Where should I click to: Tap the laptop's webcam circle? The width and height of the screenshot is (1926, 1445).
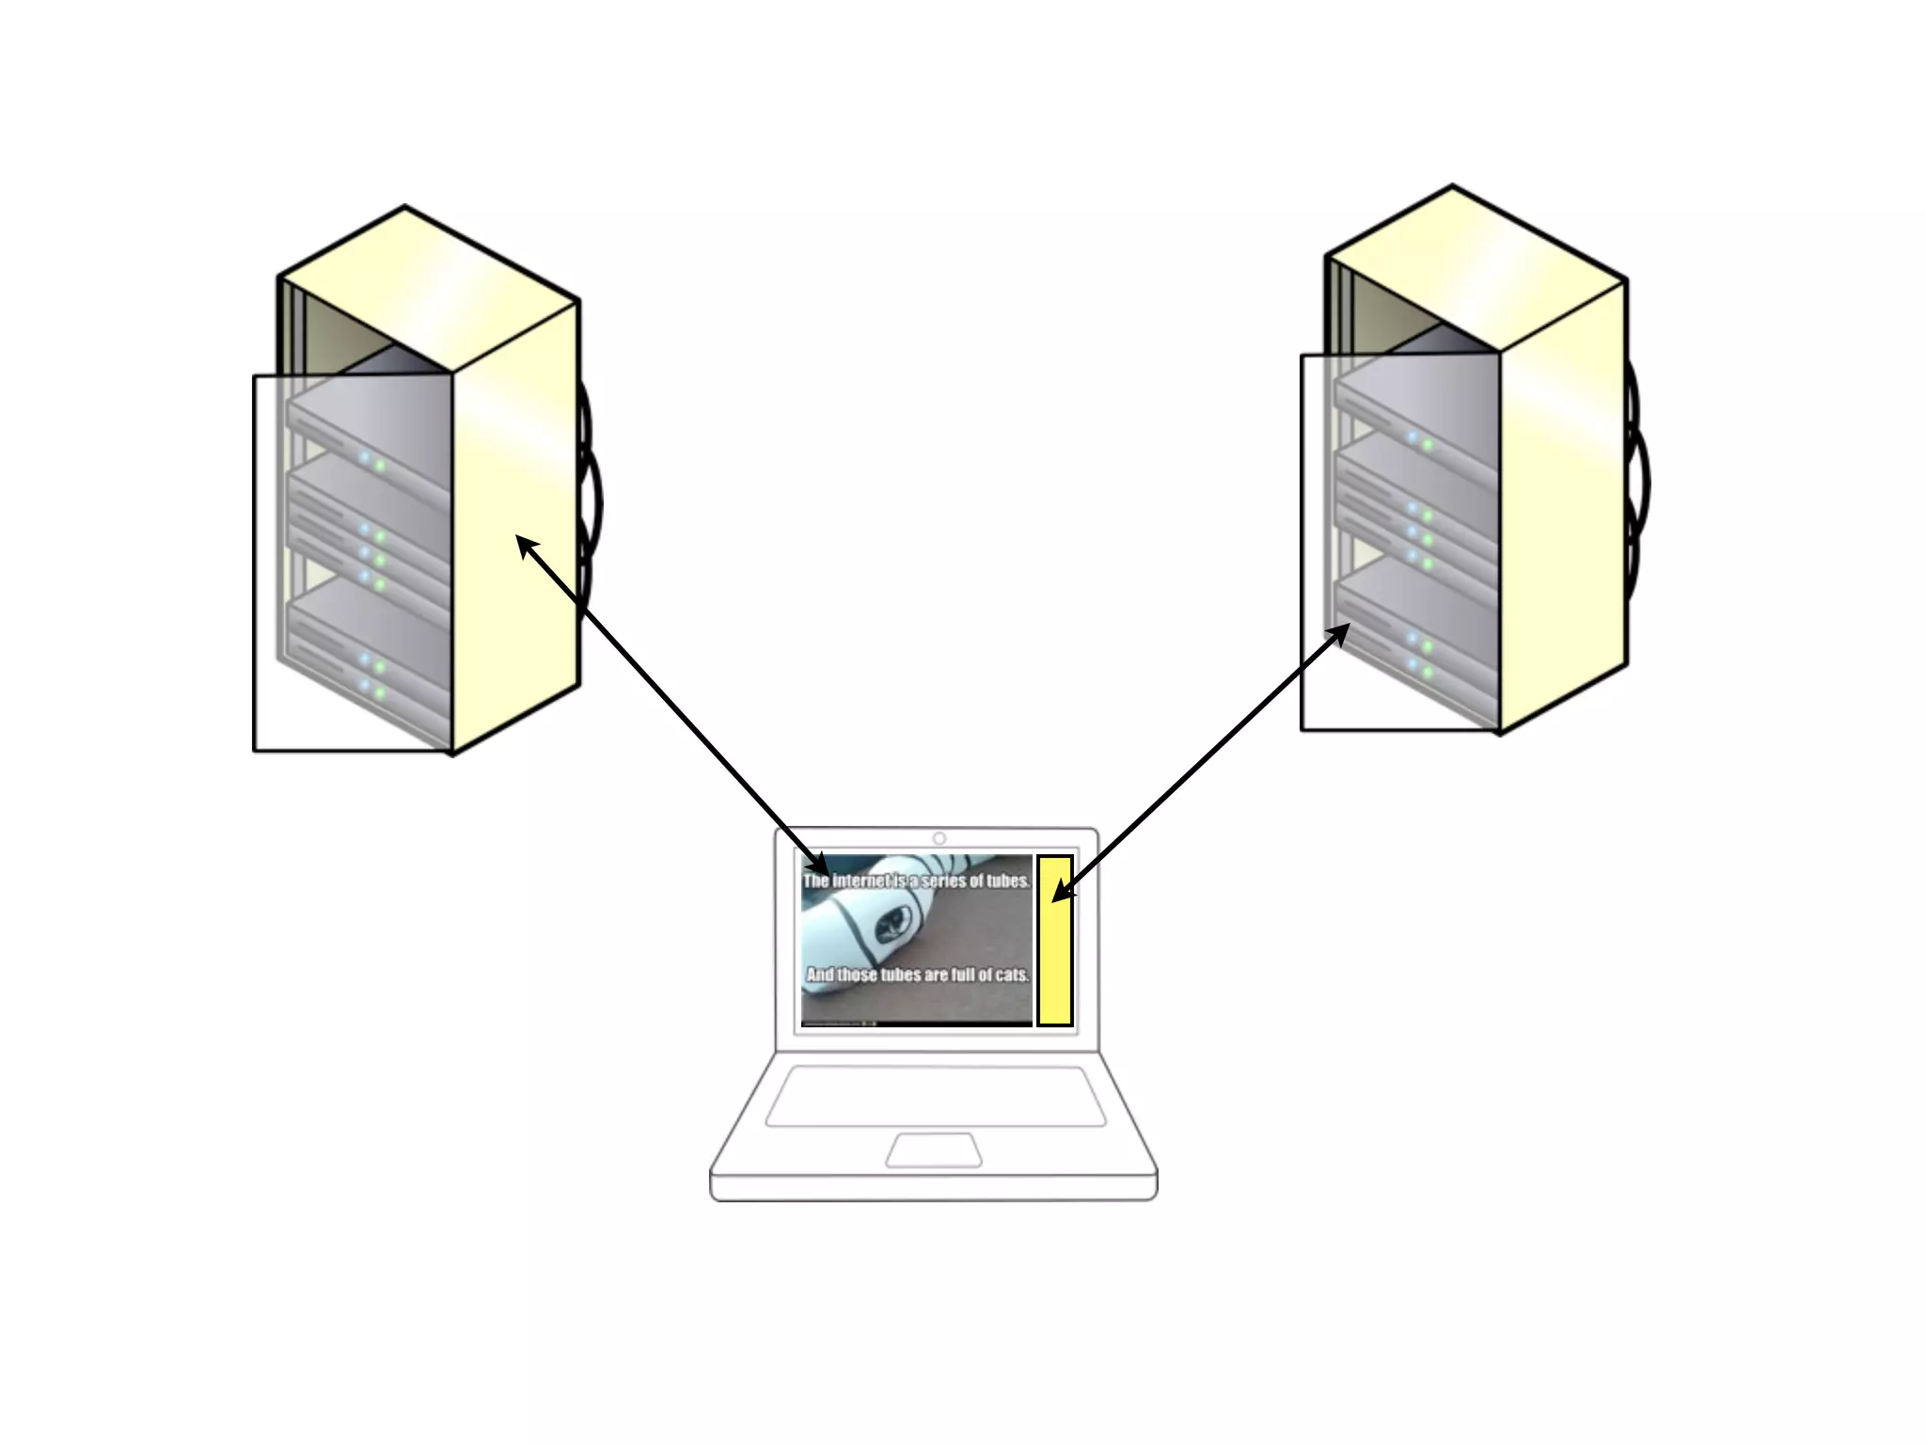tap(939, 838)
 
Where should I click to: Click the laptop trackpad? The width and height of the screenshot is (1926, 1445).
tap(934, 1150)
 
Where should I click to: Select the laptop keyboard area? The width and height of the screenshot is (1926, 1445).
tap(936, 1095)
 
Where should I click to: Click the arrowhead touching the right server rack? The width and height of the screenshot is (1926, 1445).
tap(1342, 632)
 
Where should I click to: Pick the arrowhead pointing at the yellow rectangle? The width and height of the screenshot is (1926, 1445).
tap(1060, 892)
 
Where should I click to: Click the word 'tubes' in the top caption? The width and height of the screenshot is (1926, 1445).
tap(1007, 881)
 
